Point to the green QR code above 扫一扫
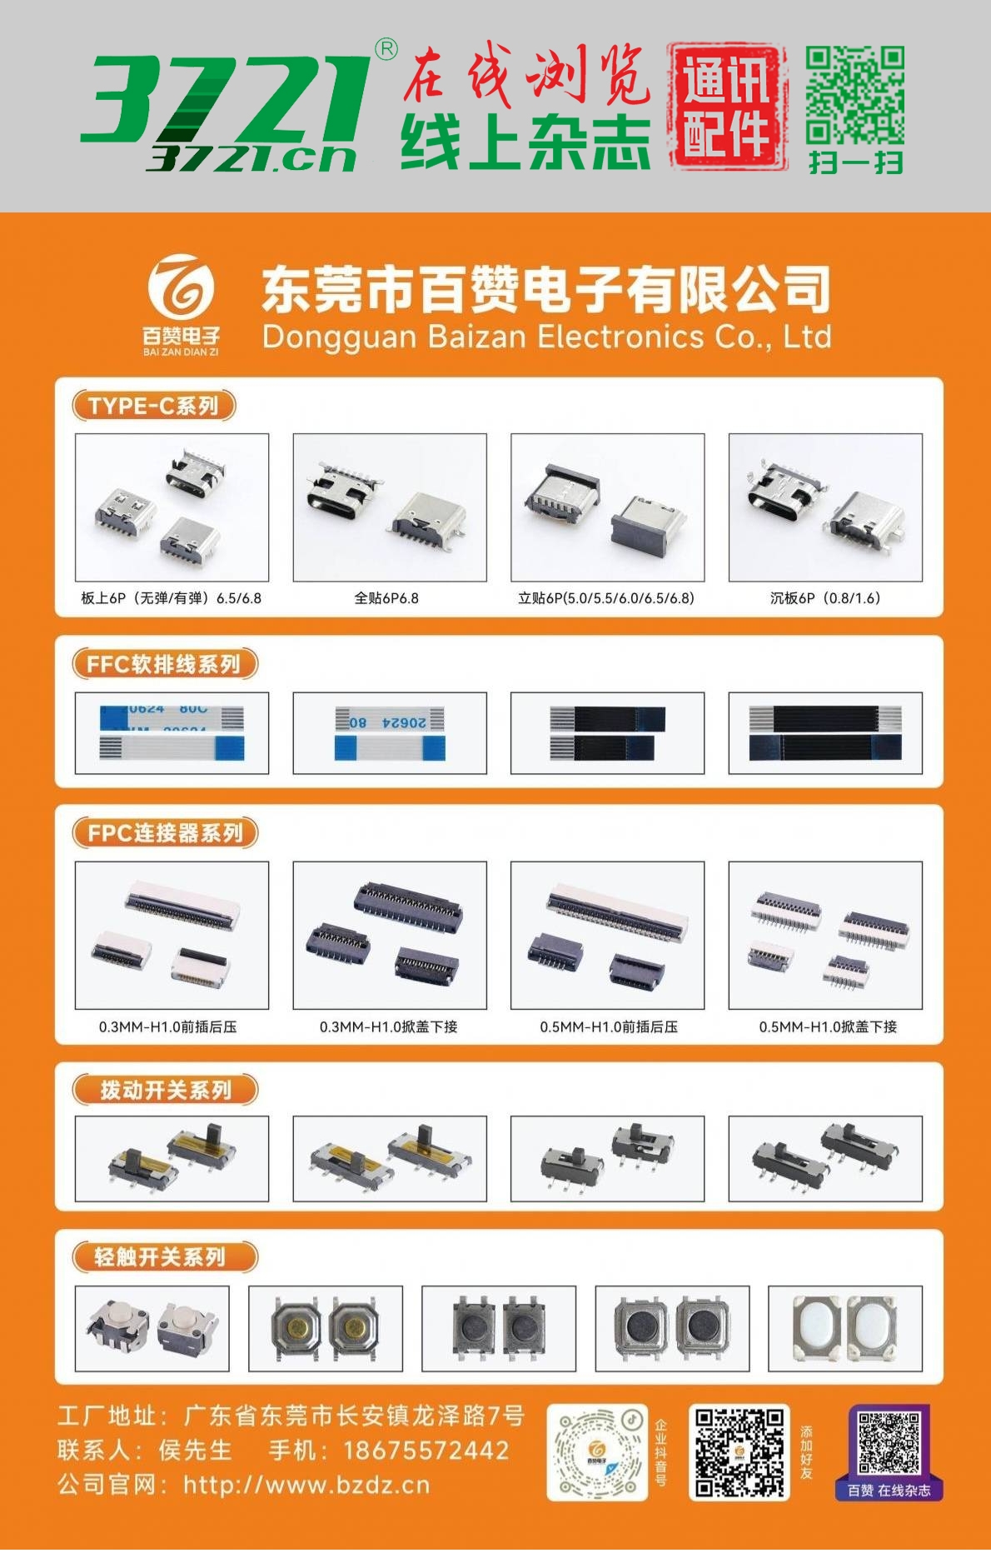[854, 95]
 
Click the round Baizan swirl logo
[181, 287]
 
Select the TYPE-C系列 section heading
[154, 406]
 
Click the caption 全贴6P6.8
[386, 598]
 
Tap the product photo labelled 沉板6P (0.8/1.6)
[825, 507]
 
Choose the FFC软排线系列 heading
[164, 664]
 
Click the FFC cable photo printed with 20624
[390, 733]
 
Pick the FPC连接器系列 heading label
[165, 832]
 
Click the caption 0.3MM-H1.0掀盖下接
[389, 1027]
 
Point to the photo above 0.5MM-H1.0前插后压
[607, 936]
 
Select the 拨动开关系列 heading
[165, 1090]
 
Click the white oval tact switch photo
[844, 1328]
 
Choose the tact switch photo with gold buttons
[326, 1328]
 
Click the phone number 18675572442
[426, 1451]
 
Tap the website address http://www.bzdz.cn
[306, 1485]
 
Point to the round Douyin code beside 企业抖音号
[597, 1451]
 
